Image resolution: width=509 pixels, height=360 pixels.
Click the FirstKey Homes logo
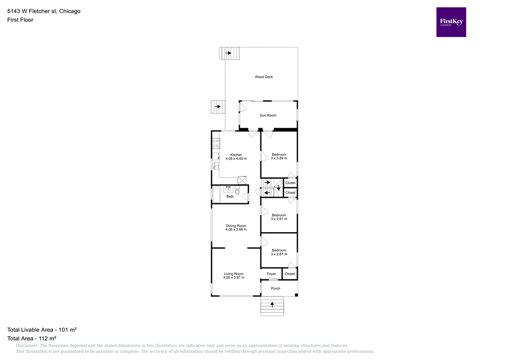click(451, 22)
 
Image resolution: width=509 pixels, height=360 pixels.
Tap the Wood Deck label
click(263, 77)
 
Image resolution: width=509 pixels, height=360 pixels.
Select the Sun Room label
click(268, 115)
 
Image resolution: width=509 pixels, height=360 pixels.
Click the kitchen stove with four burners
click(216, 144)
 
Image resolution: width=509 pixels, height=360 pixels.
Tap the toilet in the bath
click(238, 190)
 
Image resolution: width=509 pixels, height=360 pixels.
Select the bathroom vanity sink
click(228, 189)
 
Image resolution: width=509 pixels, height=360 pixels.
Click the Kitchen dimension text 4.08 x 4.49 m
click(236, 159)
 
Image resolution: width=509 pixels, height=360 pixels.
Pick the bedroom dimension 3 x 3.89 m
click(279, 159)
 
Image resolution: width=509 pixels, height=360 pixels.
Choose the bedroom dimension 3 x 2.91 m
click(279, 219)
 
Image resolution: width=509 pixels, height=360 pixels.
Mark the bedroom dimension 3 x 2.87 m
click(279, 254)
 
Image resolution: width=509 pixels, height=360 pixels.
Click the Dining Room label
click(236, 226)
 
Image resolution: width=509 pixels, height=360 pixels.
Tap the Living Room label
click(234, 273)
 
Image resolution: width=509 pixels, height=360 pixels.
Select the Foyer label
click(271, 274)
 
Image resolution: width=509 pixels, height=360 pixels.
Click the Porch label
click(275, 288)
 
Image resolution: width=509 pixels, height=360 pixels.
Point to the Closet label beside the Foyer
click(290, 274)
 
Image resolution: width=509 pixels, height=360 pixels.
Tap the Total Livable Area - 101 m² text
click(41, 330)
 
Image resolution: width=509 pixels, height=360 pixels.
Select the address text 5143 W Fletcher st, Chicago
click(44, 11)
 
